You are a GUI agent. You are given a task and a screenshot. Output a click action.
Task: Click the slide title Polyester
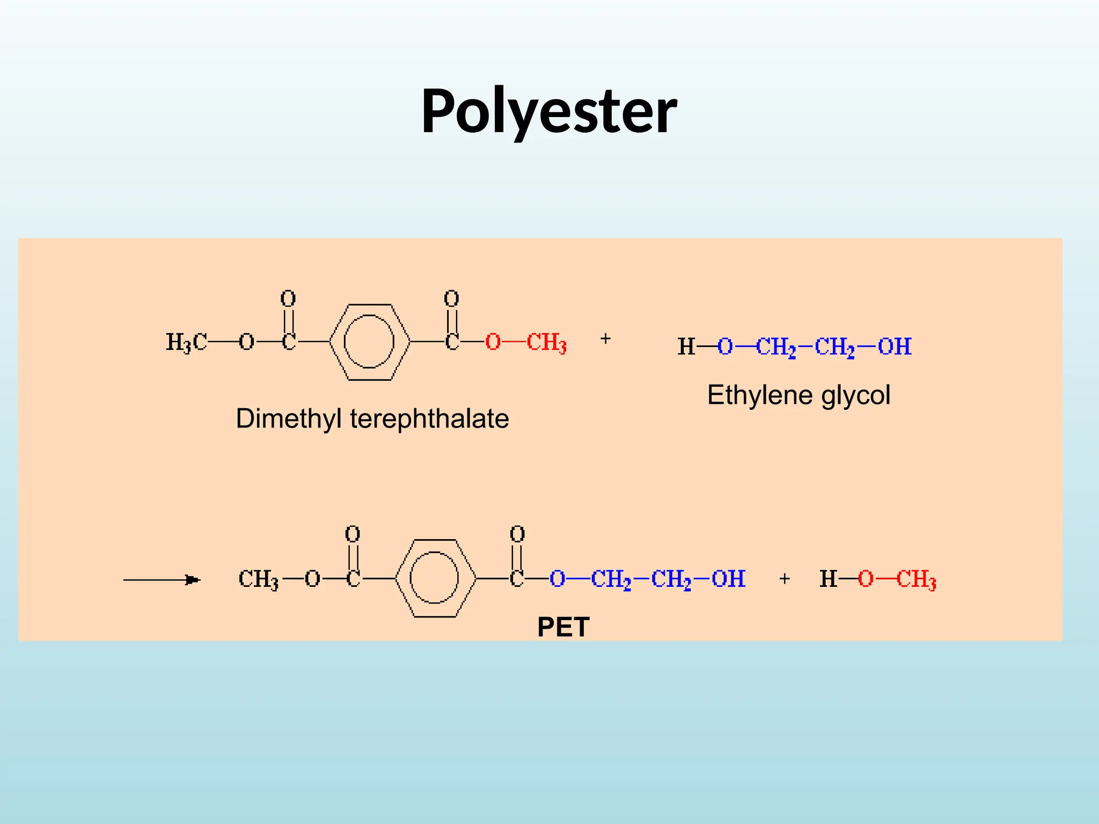click(x=549, y=112)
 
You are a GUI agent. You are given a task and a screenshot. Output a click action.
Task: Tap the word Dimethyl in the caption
click(x=289, y=419)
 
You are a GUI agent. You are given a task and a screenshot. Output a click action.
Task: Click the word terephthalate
click(x=429, y=419)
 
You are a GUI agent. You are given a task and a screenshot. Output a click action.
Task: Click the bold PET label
click(x=563, y=627)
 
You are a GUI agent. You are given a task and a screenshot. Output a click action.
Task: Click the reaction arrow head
click(x=193, y=579)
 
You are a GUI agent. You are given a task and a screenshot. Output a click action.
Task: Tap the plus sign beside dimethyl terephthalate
click(x=605, y=339)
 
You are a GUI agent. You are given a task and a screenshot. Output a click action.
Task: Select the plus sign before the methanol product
click(x=785, y=578)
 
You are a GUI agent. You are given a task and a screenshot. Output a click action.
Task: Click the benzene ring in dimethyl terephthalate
click(x=329, y=342)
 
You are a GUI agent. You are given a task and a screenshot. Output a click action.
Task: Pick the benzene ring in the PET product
click(x=395, y=578)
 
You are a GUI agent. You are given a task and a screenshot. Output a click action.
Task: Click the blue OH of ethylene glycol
click(x=895, y=347)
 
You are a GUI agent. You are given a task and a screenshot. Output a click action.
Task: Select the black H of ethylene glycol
click(x=686, y=347)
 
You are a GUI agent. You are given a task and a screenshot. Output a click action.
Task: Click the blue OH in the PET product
click(x=729, y=579)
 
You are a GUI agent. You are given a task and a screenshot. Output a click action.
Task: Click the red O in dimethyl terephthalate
click(x=493, y=342)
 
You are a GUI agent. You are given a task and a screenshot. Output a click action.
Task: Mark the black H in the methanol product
click(x=829, y=579)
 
